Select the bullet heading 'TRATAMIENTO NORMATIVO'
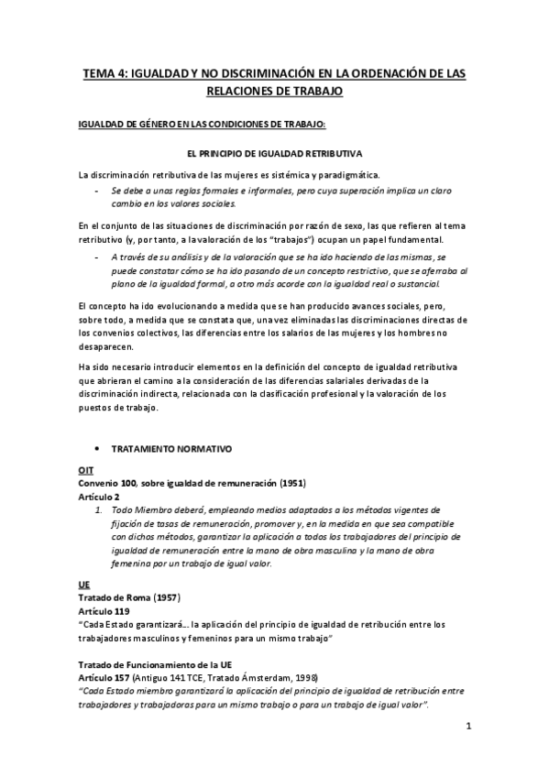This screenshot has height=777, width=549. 172,449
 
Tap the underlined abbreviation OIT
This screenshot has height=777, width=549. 85,469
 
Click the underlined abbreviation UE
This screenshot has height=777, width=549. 83,583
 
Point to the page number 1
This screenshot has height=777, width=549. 468,727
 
